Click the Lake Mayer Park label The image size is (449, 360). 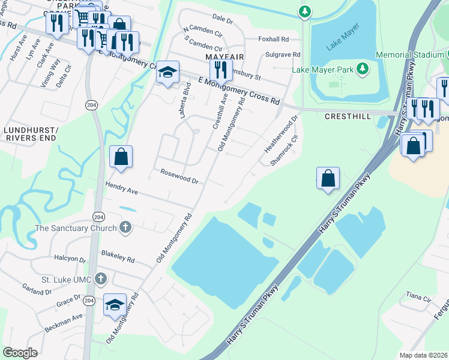pyautogui.click(x=322, y=70)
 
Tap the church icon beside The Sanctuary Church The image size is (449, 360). pyautogui.click(x=125, y=227)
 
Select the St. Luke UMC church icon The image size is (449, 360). pyautogui.click(x=101, y=278)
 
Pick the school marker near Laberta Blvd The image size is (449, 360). pyautogui.click(x=168, y=73)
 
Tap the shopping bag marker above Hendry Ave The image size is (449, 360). pyautogui.click(x=121, y=157)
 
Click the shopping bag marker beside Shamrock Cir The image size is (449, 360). pyautogui.click(x=328, y=178)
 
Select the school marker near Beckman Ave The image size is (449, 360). pyautogui.click(x=115, y=305)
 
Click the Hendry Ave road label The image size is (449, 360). pyautogui.click(x=122, y=188)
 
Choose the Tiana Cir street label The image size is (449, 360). pyautogui.click(x=418, y=297)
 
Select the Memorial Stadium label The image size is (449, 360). pyautogui.click(x=409, y=55)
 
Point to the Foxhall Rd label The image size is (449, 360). pyautogui.click(x=274, y=39)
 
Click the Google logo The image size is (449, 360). pyautogui.click(x=20, y=353)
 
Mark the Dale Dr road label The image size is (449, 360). pyautogui.click(x=222, y=19)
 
